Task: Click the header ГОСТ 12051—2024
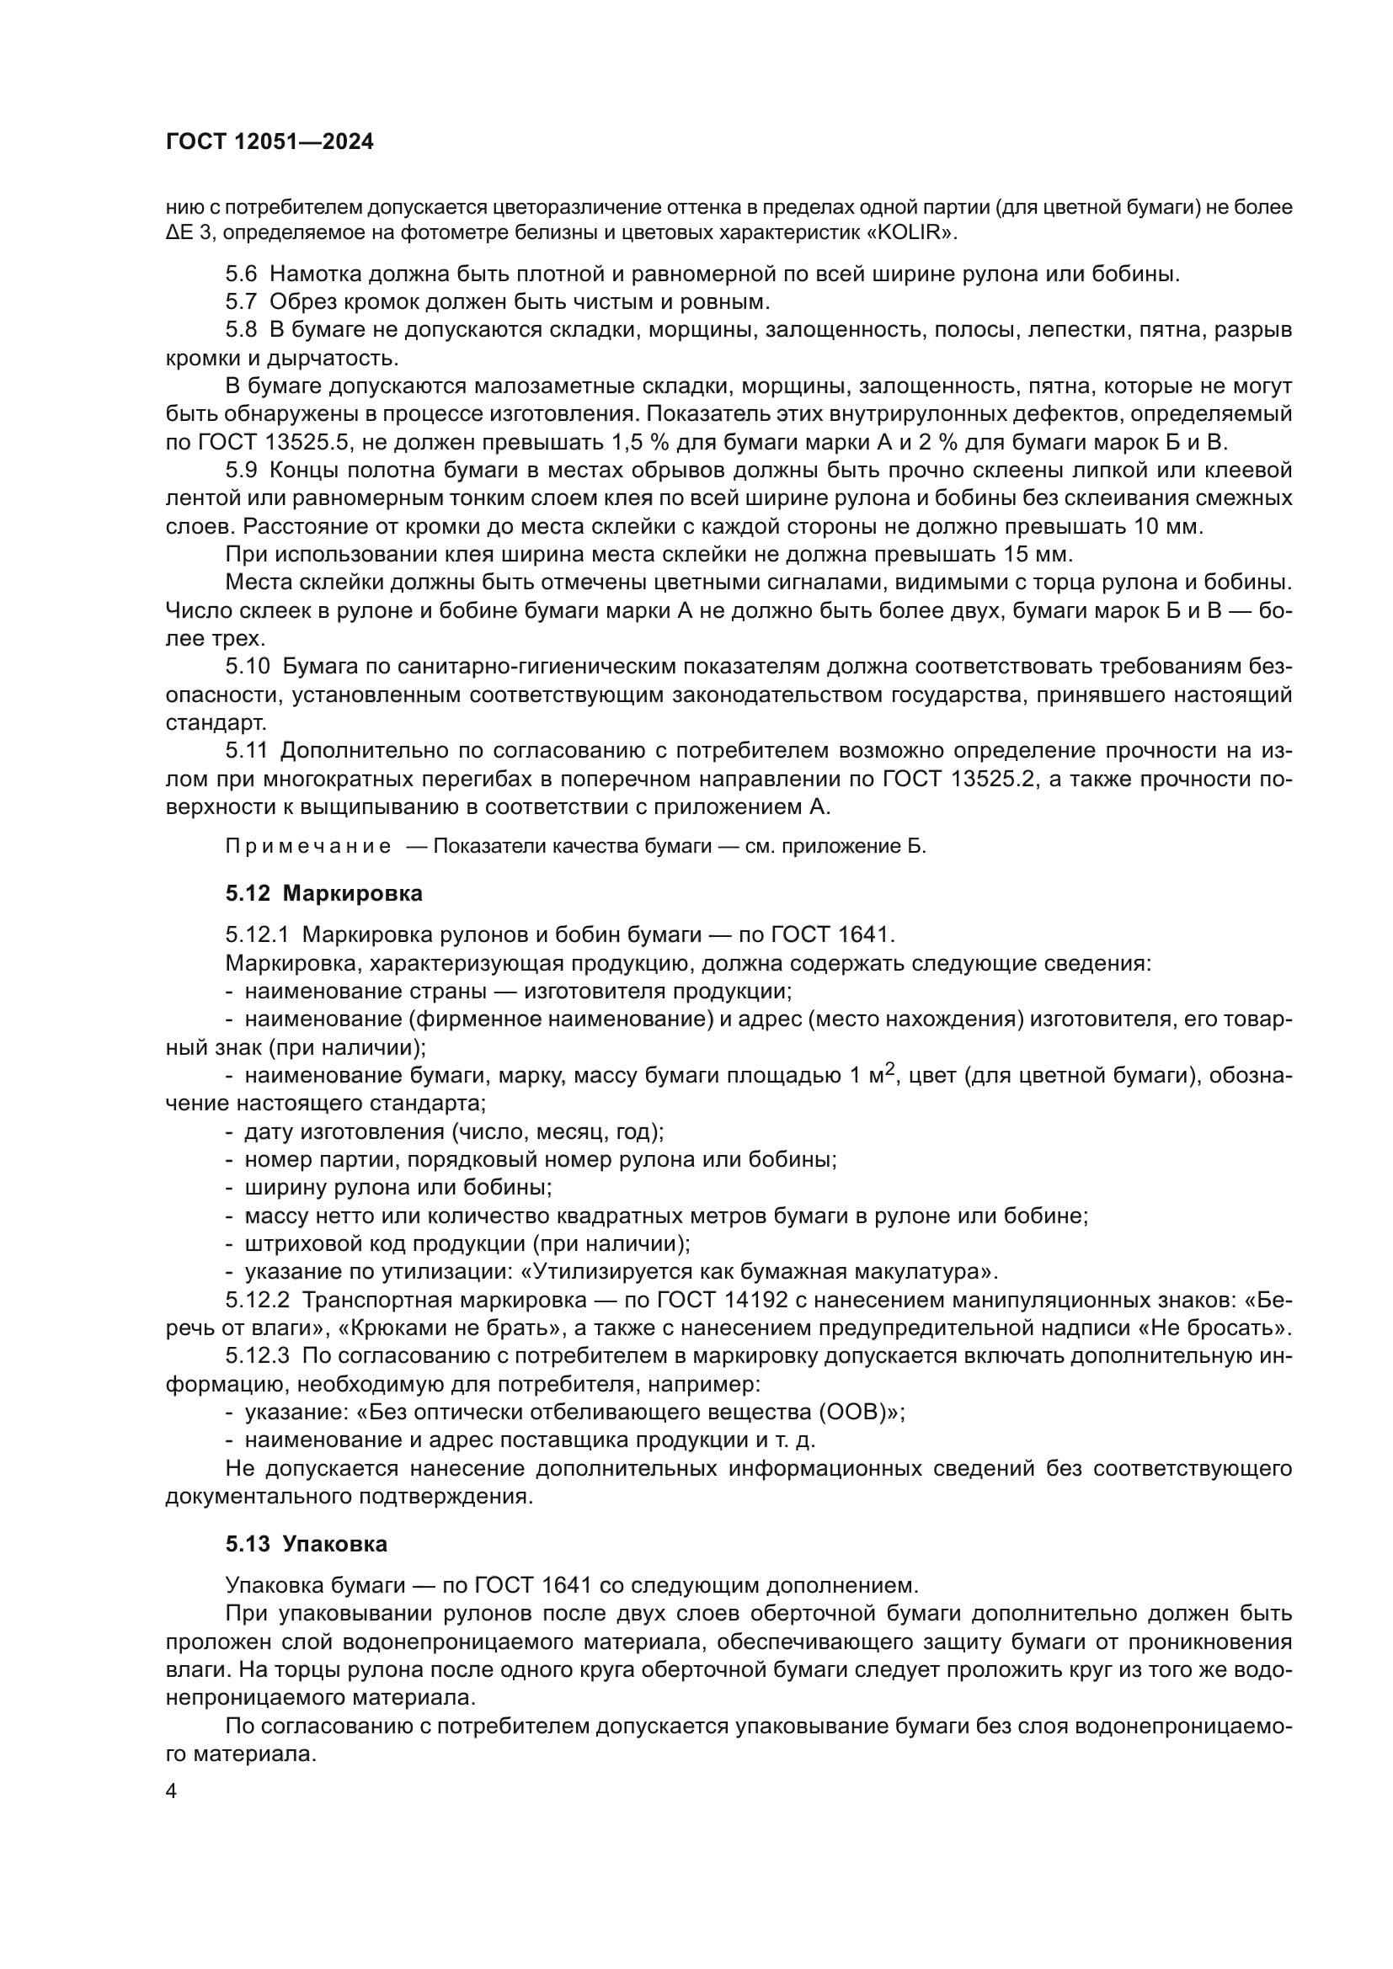point(270,142)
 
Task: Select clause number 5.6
point(241,274)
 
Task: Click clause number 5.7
point(241,302)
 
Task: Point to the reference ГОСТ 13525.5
point(268,444)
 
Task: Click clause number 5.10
point(247,668)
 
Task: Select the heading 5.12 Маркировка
point(324,894)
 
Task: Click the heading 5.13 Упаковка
point(307,1545)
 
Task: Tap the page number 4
point(171,1792)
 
